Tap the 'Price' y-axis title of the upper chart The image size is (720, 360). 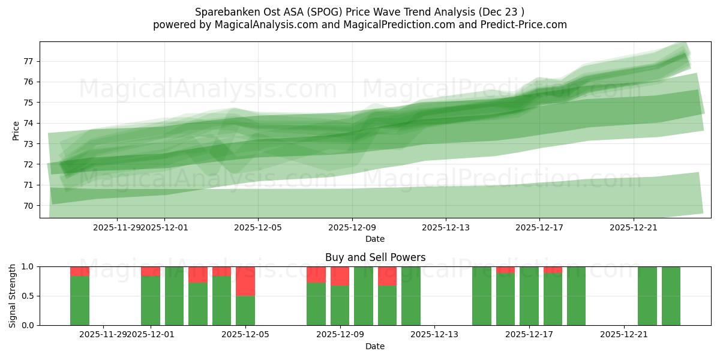click(16, 130)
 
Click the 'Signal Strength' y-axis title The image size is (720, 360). click(13, 296)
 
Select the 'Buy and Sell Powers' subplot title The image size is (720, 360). click(375, 257)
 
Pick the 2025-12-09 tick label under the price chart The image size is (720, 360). click(352, 227)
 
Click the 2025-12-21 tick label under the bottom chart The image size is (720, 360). click(625, 334)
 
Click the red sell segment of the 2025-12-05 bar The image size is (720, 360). click(245, 281)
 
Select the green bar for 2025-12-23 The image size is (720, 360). click(671, 296)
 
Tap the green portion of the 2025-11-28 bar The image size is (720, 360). click(80, 300)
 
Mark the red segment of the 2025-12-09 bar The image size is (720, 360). click(340, 276)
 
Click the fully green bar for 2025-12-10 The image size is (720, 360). click(364, 296)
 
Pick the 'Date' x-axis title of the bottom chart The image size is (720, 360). click(375, 346)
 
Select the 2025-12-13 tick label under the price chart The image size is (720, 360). click(446, 227)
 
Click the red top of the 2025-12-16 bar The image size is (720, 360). click(506, 269)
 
